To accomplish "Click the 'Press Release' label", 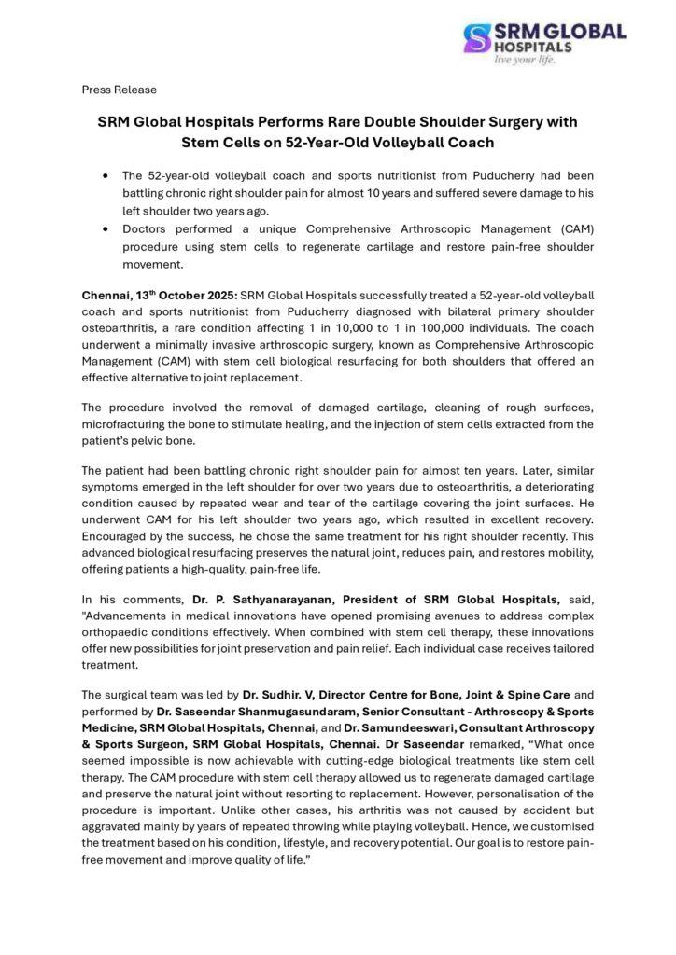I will coord(119,90).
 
